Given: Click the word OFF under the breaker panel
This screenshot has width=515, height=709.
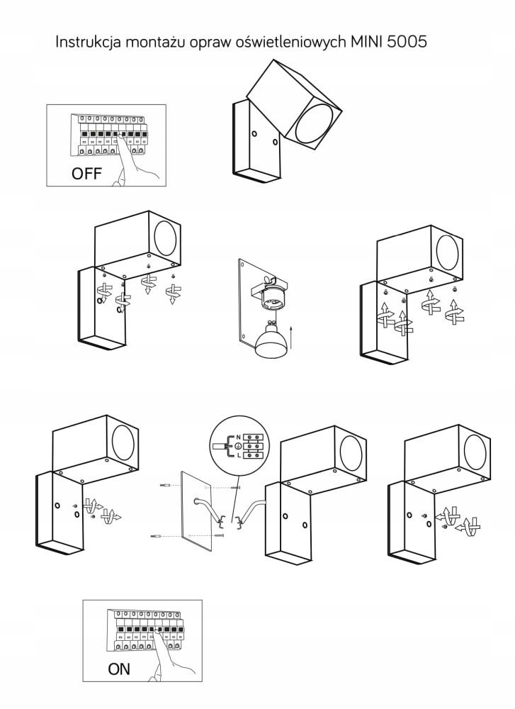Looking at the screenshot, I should coord(86,173).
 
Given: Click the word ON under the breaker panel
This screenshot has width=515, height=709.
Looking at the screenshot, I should coord(120,668).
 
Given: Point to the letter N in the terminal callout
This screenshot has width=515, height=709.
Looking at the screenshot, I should coord(238,437).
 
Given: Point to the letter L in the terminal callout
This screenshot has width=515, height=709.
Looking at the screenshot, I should coord(238,455).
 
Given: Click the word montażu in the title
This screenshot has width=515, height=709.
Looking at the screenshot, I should coord(156,43).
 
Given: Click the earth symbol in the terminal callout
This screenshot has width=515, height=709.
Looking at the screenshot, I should coord(238,446).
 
